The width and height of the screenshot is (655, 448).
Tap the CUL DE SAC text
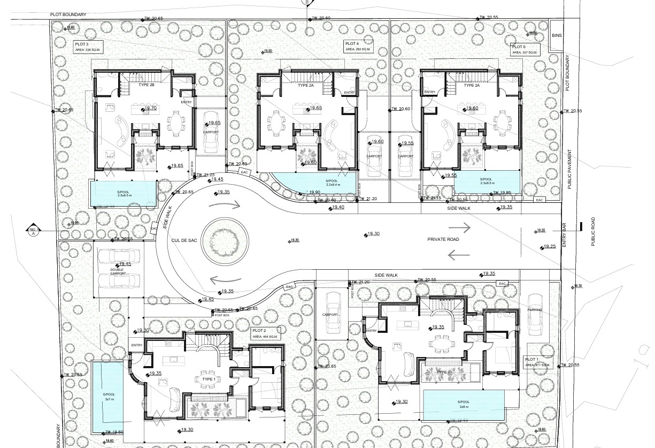(184, 240)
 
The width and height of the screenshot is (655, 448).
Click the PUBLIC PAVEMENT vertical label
(570, 168)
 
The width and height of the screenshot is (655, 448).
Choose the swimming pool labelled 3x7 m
(109, 397)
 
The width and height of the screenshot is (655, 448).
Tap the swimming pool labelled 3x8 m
(463, 404)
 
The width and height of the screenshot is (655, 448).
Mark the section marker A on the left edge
(33, 231)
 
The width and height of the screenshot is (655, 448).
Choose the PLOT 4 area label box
(357, 46)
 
